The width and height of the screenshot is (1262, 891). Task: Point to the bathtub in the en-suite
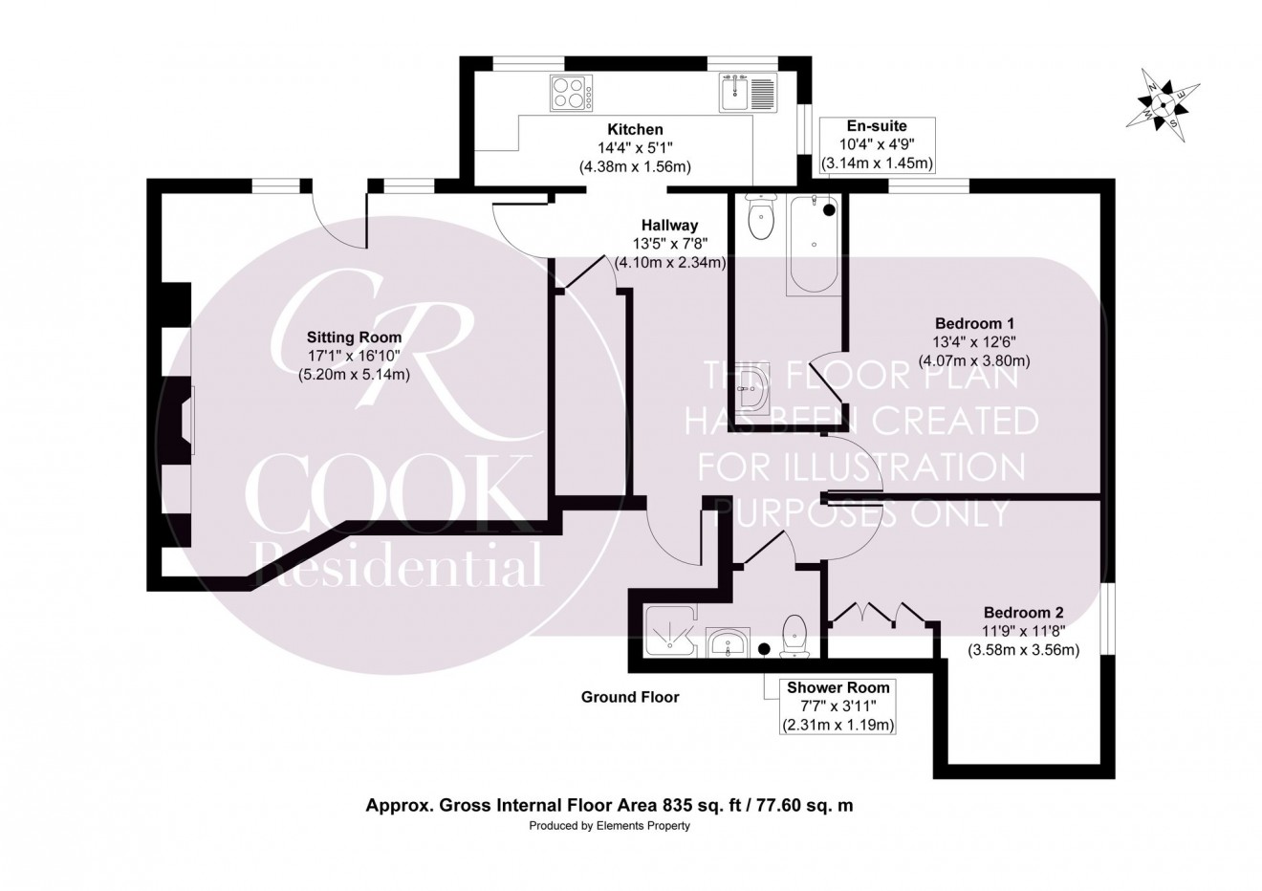click(814, 244)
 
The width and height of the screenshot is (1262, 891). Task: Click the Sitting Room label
click(354, 337)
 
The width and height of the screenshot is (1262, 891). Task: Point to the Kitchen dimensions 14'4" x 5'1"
click(635, 148)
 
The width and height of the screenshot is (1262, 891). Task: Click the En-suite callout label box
click(877, 144)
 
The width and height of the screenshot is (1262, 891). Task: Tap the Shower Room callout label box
click(838, 706)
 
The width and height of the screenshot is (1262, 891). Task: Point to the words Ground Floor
click(630, 697)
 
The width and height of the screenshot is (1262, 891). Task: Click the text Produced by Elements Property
click(610, 825)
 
